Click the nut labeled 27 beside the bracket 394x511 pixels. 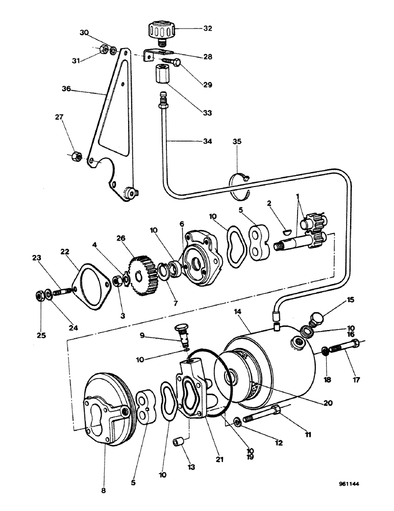(x=74, y=154)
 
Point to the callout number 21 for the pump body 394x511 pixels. (x=220, y=459)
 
